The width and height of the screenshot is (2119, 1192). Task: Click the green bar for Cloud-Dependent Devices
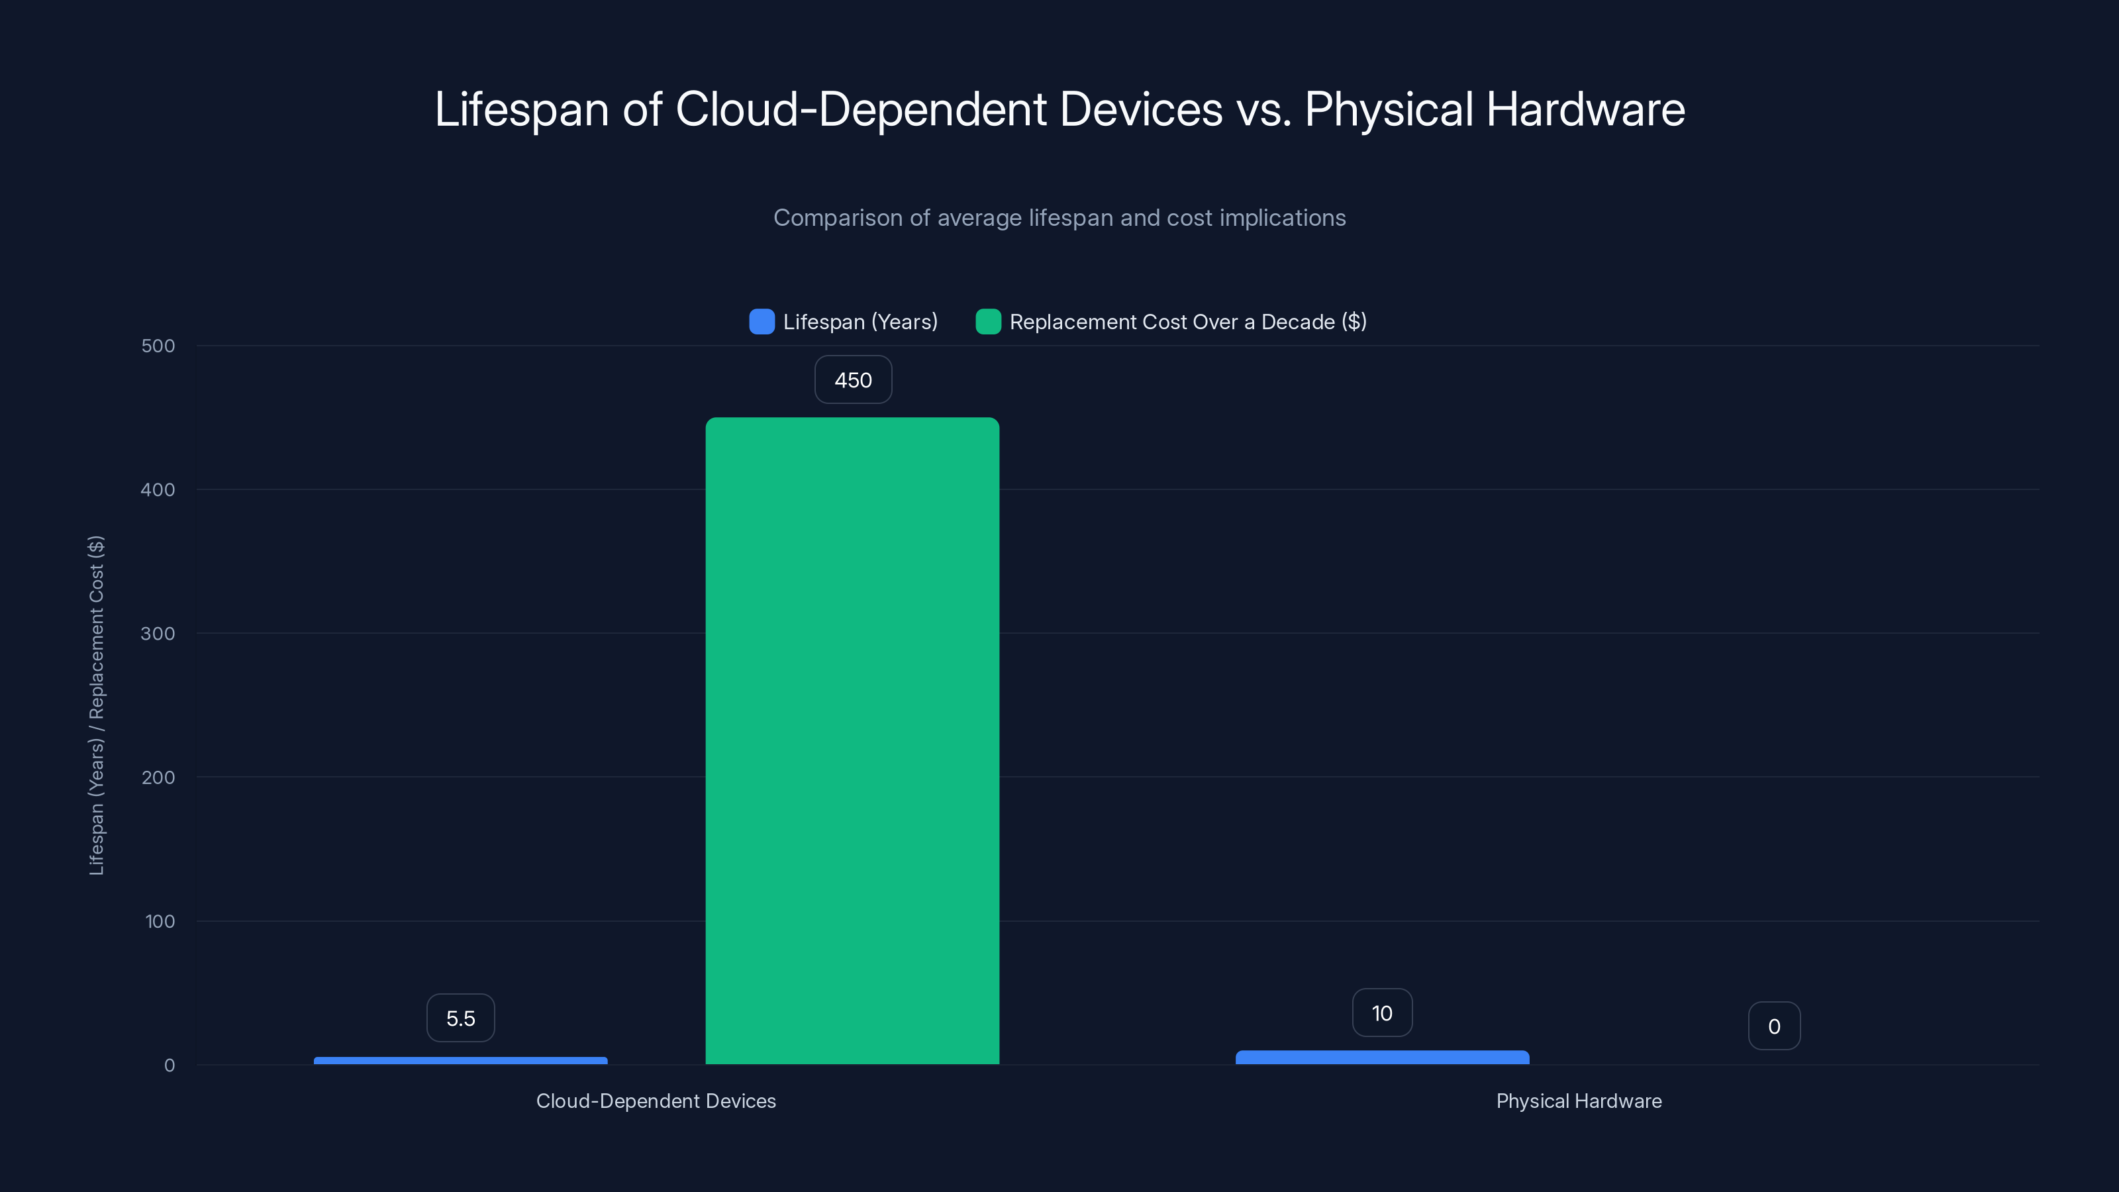point(852,740)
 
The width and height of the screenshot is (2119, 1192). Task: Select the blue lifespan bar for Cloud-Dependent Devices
point(461,1060)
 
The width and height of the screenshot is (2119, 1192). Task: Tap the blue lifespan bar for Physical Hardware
point(1382,1057)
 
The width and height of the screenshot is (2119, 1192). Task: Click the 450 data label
point(853,380)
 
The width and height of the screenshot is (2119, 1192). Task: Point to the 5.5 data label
point(461,1018)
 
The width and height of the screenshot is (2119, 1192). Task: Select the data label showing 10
point(1382,1013)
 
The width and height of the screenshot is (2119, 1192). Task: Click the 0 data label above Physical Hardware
point(1773,1026)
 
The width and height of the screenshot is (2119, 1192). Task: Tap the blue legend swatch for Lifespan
point(762,322)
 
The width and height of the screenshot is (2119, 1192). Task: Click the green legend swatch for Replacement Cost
point(988,322)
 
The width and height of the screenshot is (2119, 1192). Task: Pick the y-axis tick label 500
point(158,346)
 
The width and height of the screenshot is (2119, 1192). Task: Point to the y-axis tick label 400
point(158,490)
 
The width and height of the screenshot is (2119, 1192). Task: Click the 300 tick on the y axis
point(158,634)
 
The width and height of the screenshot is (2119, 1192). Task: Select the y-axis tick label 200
point(158,778)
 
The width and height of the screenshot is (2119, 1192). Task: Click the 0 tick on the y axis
point(170,1066)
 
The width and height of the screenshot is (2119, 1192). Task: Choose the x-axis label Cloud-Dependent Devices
point(656,1101)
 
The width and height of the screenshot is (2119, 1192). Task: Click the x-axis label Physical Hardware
point(1579,1101)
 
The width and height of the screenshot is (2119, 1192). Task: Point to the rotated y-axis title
point(96,705)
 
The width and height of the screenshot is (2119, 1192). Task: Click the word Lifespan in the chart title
point(522,109)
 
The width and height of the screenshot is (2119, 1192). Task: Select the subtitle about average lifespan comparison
point(1059,218)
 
